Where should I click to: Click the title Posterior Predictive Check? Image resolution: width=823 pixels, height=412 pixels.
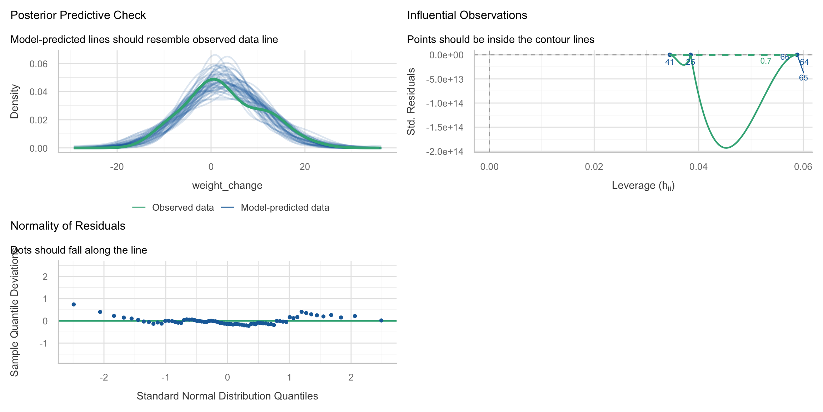point(78,15)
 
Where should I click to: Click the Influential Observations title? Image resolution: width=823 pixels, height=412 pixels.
point(467,15)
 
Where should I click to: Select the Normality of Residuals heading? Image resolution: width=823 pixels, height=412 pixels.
point(68,226)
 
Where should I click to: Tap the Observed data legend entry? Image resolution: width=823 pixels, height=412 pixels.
point(183,208)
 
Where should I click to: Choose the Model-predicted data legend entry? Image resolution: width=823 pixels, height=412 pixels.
point(285,208)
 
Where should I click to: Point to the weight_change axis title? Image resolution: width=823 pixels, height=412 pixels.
point(227,186)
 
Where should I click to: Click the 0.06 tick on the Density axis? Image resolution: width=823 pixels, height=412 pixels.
point(39,64)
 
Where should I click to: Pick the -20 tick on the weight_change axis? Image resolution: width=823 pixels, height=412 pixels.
point(117,167)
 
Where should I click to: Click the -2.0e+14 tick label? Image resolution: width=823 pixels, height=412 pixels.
point(444,152)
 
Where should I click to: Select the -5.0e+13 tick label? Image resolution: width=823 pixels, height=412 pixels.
point(444,79)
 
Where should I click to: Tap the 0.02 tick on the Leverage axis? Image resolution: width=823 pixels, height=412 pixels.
point(594,167)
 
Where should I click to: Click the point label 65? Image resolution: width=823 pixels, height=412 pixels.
point(803,78)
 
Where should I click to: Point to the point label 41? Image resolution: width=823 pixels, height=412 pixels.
point(669,62)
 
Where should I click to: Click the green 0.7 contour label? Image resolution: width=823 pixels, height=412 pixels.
point(765,61)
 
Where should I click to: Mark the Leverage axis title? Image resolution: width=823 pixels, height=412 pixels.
point(643,186)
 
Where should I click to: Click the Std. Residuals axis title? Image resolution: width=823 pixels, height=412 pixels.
point(411,102)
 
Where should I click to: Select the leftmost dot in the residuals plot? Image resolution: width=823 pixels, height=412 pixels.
point(74,304)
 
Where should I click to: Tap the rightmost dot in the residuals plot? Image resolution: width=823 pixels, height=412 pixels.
point(381,320)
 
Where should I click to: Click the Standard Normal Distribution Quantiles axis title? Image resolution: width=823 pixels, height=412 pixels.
point(227,396)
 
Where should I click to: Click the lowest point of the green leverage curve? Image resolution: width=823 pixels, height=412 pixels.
point(726,148)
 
